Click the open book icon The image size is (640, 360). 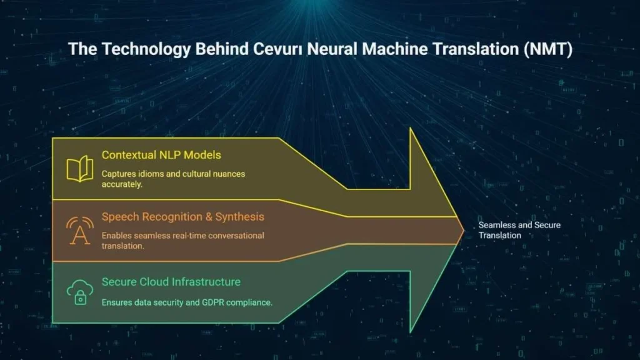pos(80,168)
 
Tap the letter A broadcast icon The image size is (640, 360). pos(80,231)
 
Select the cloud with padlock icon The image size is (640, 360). pos(80,292)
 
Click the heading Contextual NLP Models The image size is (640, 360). pos(161,155)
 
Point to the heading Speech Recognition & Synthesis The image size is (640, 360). pos(183,217)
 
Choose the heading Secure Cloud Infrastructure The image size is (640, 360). pos(171,282)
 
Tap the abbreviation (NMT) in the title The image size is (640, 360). pos(548,49)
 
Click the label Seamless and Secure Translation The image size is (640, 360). pos(519,230)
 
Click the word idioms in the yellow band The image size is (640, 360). pos(151,174)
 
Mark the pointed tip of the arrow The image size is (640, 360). pos(464,231)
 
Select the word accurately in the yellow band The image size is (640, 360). pos(122,184)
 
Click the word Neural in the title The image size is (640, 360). pos(332,49)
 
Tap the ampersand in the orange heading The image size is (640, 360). pos(209,217)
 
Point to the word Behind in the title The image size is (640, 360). pos(222,49)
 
